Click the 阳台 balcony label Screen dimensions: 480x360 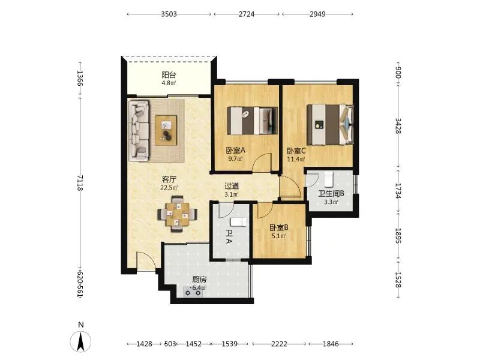point(169,75)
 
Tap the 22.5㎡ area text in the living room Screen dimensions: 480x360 point(169,187)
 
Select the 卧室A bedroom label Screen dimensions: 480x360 point(236,151)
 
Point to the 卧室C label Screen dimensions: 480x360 point(296,151)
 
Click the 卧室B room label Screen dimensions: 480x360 point(278,228)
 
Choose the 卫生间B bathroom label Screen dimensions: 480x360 point(331,194)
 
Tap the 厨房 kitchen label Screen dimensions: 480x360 point(199,280)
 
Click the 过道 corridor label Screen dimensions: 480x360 point(232,186)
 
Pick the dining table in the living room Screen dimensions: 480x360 point(177,214)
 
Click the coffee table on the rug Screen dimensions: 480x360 point(166,130)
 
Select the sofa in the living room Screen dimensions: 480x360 point(139,130)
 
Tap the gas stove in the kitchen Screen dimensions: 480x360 point(193,292)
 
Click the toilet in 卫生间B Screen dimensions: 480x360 point(328,179)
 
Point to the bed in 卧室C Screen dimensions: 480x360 point(330,124)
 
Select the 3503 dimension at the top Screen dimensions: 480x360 point(169,14)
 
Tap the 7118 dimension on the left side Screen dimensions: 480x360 point(80,183)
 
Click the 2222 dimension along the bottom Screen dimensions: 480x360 point(279,344)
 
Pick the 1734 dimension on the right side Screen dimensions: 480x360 point(398,191)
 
